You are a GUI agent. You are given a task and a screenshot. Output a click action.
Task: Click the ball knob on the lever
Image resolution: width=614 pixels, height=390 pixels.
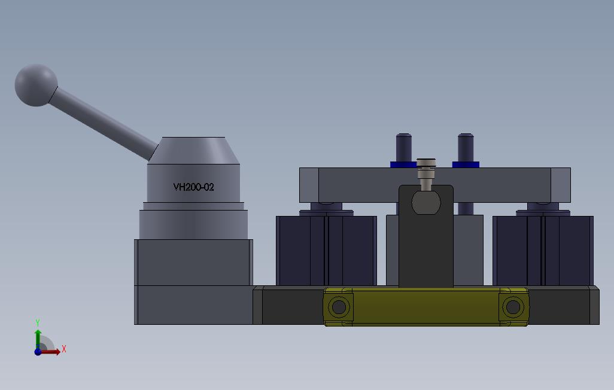click(x=36, y=86)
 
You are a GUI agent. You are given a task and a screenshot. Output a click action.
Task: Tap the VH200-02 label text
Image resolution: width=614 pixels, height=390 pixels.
click(x=193, y=187)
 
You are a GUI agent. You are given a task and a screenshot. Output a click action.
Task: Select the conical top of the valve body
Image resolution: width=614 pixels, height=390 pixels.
click(x=193, y=150)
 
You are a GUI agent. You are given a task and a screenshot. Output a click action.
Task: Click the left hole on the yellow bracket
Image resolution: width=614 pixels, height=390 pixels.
click(x=339, y=307)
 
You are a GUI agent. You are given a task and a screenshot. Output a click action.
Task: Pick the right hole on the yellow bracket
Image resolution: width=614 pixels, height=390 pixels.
click(x=513, y=307)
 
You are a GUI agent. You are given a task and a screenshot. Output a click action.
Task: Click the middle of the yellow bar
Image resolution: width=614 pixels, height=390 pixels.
click(x=426, y=307)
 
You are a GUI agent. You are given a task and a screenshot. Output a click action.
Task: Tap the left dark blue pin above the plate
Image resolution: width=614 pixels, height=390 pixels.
click(x=404, y=148)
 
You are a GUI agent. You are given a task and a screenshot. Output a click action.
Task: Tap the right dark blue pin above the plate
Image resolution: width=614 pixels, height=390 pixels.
click(x=466, y=148)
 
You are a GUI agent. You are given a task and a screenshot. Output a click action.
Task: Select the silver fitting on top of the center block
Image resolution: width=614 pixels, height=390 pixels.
click(x=426, y=174)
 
